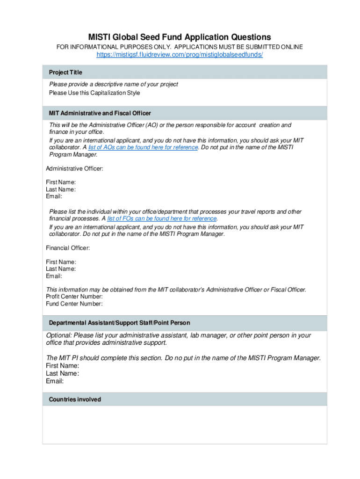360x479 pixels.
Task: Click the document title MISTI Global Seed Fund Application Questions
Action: (x=180, y=37)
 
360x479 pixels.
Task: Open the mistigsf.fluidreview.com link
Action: (x=180, y=55)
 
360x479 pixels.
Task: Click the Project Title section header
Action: (x=65, y=73)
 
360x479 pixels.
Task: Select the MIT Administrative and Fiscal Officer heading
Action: (x=100, y=114)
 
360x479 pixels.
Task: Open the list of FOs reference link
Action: (x=162, y=218)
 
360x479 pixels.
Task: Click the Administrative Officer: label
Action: (x=74, y=168)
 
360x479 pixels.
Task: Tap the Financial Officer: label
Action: (x=68, y=248)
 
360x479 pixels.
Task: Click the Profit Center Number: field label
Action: (x=74, y=297)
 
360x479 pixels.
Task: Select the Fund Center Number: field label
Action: (x=74, y=304)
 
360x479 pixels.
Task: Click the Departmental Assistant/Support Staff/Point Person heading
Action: (x=119, y=323)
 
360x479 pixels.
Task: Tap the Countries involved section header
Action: (x=75, y=399)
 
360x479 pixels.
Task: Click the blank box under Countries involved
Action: (x=185, y=424)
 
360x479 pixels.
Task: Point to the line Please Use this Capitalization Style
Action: (x=94, y=93)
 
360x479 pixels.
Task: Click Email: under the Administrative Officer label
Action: (x=54, y=196)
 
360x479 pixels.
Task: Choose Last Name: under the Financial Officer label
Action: (x=61, y=269)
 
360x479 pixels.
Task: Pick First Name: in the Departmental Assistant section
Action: (x=62, y=366)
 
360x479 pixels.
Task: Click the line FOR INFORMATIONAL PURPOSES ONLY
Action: (x=180, y=47)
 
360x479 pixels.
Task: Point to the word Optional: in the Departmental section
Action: (x=58, y=335)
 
